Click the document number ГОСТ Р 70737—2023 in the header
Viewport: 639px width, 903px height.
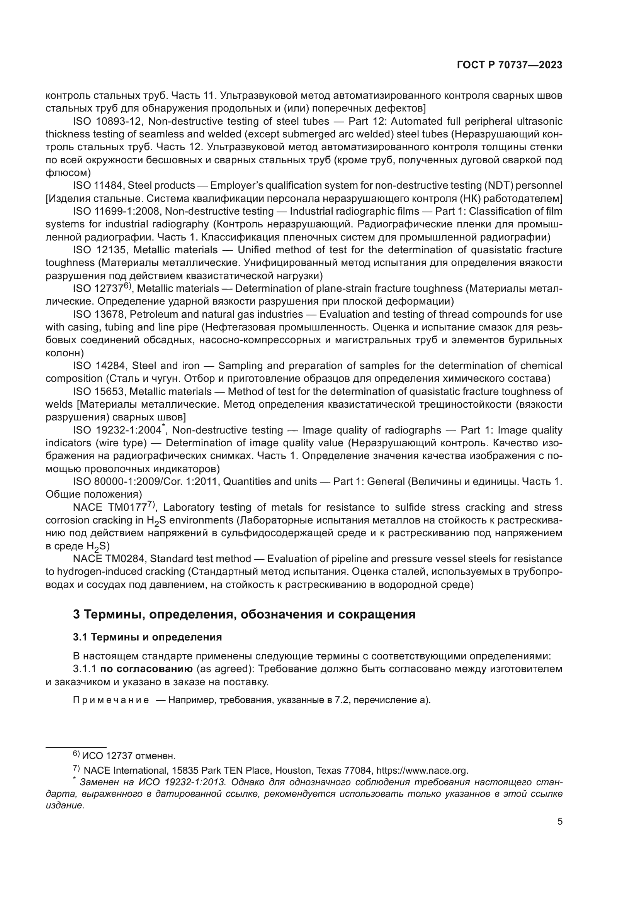(x=510, y=65)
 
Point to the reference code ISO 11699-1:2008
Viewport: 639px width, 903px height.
(x=115, y=211)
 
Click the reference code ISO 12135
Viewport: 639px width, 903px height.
(x=99, y=250)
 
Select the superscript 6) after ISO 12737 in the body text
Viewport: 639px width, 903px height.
(x=127, y=286)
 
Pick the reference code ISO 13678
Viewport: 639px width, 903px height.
(x=99, y=314)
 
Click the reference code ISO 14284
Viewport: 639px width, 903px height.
(x=99, y=366)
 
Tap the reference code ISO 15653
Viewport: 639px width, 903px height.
(x=99, y=391)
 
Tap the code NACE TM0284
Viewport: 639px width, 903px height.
(x=109, y=559)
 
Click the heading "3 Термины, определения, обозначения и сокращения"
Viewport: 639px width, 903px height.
(x=244, y=614)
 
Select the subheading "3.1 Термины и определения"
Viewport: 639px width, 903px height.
(x=147, y=637)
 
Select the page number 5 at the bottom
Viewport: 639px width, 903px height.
(x=559, y=822)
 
